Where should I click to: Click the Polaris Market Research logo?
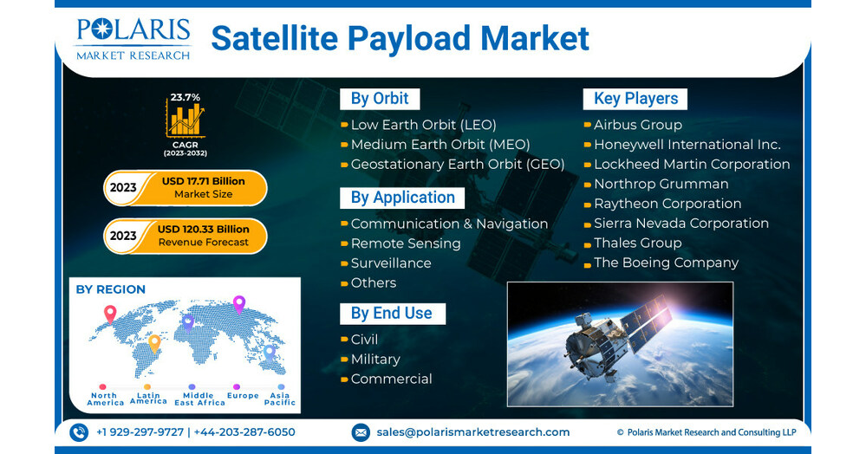(133, 38)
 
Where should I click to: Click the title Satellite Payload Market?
(400, 38)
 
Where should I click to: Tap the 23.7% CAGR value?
(185, 97)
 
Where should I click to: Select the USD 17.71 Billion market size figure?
(203, 181)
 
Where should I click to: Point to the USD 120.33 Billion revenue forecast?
(203, 230)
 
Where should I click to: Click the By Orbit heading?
(379, 99)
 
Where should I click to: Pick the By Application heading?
(401, 198)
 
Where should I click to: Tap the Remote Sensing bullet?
(405, 243)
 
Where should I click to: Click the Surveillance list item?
(390, 263)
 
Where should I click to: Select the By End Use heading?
(391, 314)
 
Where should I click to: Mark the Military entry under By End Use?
(374, 359)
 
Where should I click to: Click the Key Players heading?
(635, 99)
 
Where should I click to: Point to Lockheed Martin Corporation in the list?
(691, 164)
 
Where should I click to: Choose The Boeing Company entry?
(666, 263)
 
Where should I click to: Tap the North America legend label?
(106, 399)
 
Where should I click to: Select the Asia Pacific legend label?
(279, 399)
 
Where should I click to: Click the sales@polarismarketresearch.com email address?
(472, 431)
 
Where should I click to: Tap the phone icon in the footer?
(79, 431)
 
